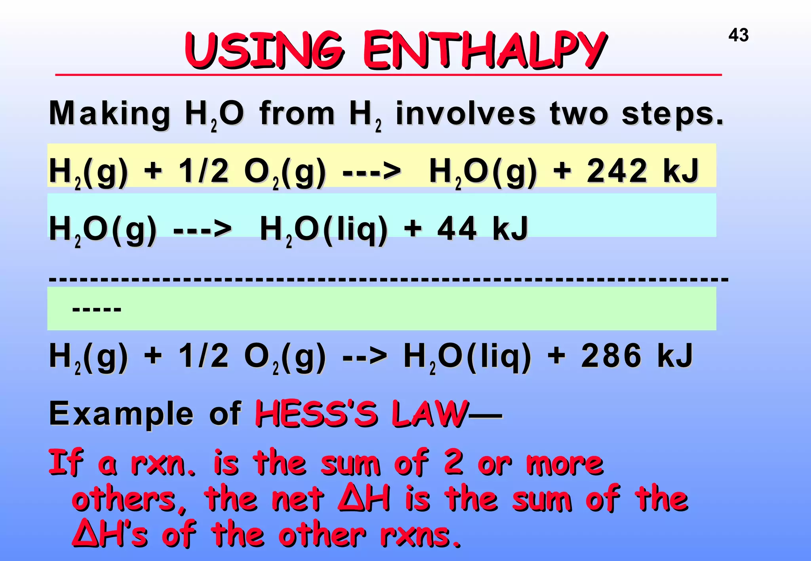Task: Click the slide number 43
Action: pyautogui.click(x=738, y=35)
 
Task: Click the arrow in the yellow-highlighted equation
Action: pyautogui.click(x=371, y=172)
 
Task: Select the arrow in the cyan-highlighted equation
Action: pyautogui.click(x=202, y=229)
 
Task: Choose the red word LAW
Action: pyautogui.click(x=430, y=414)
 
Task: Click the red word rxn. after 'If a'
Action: pyautogui.click(x=163, y=463)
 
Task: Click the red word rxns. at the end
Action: pyautogui.click(x=421, y=535)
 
